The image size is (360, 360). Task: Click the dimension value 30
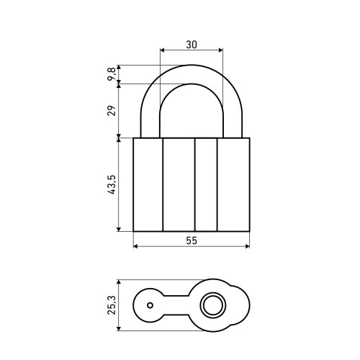click(192, 45)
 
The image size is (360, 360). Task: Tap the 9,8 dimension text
click(112, 74)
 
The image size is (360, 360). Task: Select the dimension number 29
click(112, 111)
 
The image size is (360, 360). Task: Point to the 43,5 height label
click(112, 184)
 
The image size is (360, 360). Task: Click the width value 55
click(192, 240)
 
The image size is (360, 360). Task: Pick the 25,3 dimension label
click(112, 305)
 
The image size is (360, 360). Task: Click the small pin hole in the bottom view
click(150, 305)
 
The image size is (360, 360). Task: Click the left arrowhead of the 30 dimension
click(162, 50)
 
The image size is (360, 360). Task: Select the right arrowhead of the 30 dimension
click(220, 50)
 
